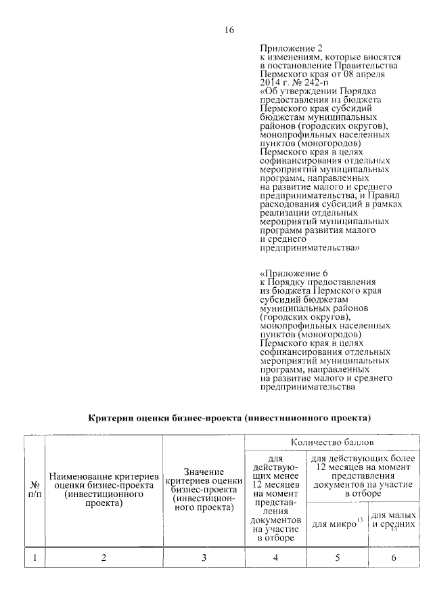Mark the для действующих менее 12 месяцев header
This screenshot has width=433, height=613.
[x=275, y=498]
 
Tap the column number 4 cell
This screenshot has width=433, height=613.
[x=275, y=557]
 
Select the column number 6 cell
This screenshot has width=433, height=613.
[x=393, y=557]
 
